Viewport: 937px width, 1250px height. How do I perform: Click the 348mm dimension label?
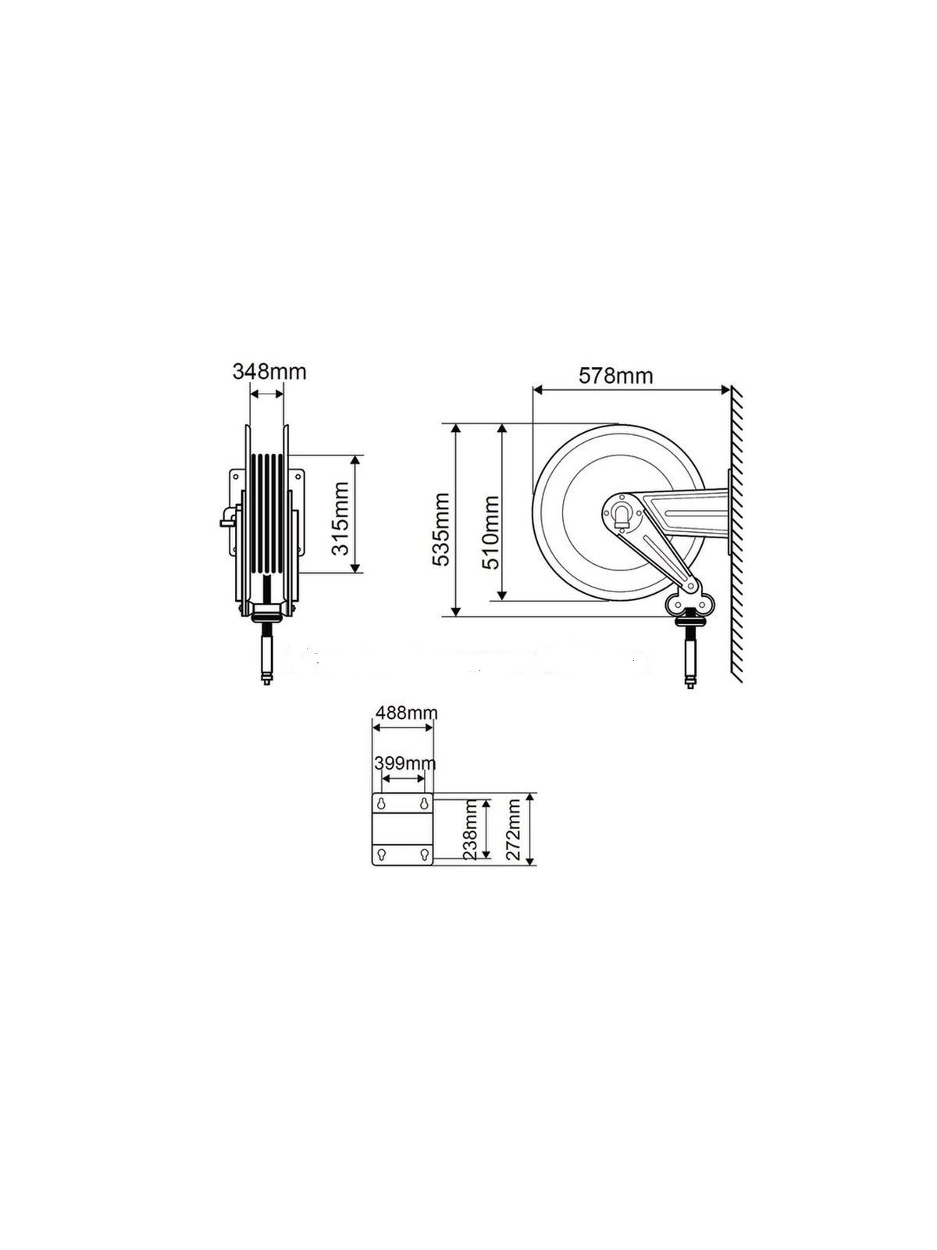click(x=269, y=371)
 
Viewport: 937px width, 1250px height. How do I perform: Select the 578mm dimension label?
click(x=615, y=375)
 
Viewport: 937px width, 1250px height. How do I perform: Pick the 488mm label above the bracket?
click(x=406, y=712)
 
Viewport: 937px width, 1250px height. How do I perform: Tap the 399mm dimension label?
click(x=405, y=762)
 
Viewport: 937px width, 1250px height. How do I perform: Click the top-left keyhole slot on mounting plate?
click(x=382, y=804)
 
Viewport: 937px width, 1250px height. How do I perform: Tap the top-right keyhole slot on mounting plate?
click(x=423, y=804)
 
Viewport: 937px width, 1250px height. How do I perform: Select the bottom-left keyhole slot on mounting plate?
click(x=382, y=855)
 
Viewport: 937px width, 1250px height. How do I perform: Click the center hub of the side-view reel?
click(x=622, y=514)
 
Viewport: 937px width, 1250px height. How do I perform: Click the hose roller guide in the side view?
click(x=687, y=602)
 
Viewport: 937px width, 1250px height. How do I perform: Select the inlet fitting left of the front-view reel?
click(x=226, y=517)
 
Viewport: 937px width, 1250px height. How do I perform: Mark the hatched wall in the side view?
click(x=736, y=539)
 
